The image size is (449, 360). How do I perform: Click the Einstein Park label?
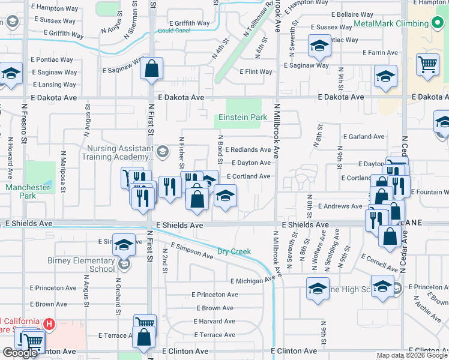pyautogui.click(x=243, y=117)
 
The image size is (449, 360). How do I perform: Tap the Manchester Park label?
pyautogui.click(x=28, y=191)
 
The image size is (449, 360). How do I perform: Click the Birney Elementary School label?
pyautogui.click(x=81, y=265)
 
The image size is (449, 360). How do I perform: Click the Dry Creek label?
pyautogui.click(x=234, y=251)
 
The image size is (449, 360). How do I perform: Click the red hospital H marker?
pyautogui.click(x=50, y=325)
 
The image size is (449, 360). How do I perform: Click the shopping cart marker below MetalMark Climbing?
pyautogui.click(x=427, y=64)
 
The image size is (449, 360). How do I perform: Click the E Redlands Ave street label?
pyautogui.click(x=247, y=149)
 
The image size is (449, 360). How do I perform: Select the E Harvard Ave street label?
pyautogui.click(x=214, y=321)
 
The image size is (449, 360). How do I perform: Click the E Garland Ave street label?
pyautogui.click(x=363, y=137)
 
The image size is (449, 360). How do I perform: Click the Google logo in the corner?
pyautogui.click(x=21, y=353)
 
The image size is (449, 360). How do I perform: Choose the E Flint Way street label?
pyautogui.click(x=256, y=72)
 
